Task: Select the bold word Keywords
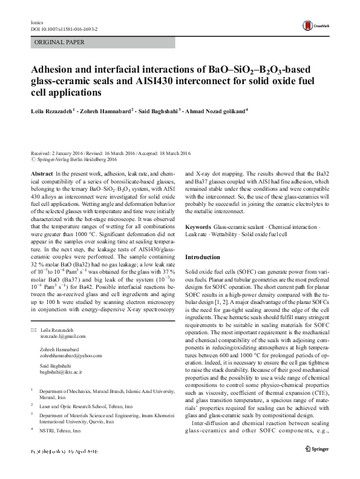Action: (x=198, y=226)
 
